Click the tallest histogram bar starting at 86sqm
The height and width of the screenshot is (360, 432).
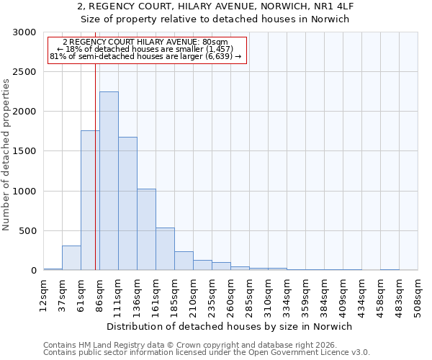point(109,181)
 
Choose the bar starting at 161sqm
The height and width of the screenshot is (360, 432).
point(165,249)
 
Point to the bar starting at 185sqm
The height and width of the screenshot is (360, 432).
point(184,261)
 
